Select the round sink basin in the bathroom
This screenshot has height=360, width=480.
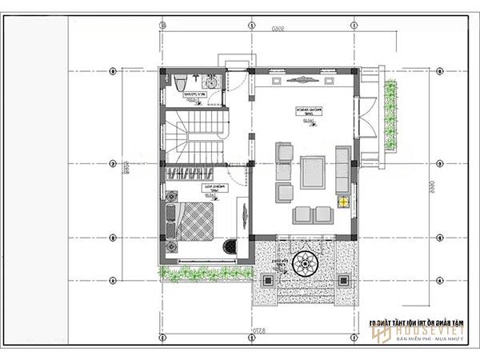[x=211, y=82]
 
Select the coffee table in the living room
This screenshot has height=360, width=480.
[x=313, y=172]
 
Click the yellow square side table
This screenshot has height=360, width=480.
[x=343, y=201]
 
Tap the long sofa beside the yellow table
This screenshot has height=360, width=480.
[x=343, y=168]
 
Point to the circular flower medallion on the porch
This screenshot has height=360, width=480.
[x=306, y=264]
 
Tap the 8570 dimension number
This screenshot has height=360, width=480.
[x=255, y=329]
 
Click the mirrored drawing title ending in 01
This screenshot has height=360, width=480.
[x=417, y=322]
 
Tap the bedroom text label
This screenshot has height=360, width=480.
[x=214, y=188]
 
